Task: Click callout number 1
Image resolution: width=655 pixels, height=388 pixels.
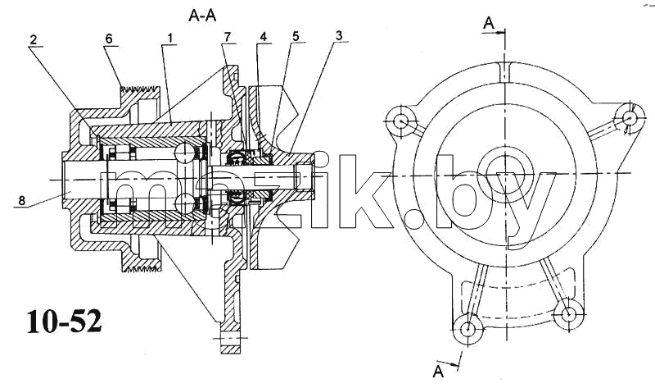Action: tap(170, 38)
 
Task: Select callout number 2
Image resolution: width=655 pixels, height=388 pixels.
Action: tap(34, 39)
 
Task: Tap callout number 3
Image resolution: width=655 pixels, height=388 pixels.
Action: tap(338, 35)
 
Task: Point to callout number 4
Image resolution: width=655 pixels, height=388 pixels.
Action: tap(263, 37)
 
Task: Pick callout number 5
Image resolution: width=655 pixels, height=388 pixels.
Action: tap(296, 36)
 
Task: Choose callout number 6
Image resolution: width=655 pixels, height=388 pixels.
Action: tap(109, 39)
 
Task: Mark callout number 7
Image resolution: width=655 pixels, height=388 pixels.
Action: tap(227, 37)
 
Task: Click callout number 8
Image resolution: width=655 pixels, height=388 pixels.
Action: tap(21, 201)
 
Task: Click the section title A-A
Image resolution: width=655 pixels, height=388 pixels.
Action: tap(202, 16)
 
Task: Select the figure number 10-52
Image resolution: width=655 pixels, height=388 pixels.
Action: tap(65, 322)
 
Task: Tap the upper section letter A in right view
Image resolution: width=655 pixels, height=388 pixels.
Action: tap(488, 24)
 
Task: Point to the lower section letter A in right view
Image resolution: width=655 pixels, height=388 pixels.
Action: tap(438, 372)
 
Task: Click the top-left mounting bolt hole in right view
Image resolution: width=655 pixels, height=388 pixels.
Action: tap(401, 121)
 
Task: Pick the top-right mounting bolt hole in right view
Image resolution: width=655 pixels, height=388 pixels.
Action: tap(629, 118)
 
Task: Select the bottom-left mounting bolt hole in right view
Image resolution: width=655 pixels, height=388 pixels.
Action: tap(468, 329)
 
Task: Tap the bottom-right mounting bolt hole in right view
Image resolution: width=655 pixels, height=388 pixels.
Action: tap(568, 314)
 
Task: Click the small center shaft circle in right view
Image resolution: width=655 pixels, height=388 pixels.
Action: tap(505, 173)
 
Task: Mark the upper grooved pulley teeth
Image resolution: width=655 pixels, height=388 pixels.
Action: tap(140, 89)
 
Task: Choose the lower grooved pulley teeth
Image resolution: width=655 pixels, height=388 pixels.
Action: tap(141, 267)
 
